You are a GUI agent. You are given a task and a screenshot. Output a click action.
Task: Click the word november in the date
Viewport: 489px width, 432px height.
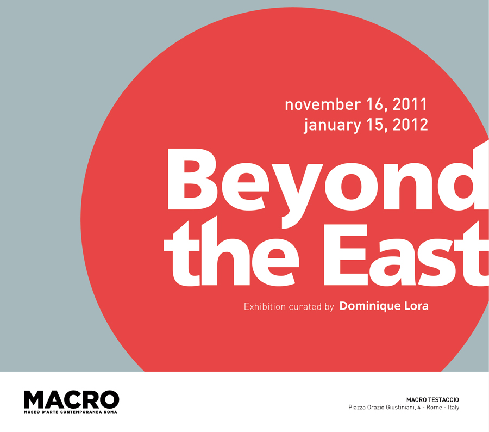pyautogui.click(x=323, y=104)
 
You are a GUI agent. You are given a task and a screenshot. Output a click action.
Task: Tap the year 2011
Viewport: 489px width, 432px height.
pyautogui.click(x=410, y=104)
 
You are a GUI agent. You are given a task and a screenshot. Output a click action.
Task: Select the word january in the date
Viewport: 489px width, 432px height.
pyautogui.click(x=333, y=125)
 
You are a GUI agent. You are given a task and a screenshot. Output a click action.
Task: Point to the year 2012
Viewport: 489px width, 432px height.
pyautogui.click(x=410, y=125)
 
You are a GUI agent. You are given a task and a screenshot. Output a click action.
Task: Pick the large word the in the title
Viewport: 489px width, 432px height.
pyautogui.click(x=231, y=251)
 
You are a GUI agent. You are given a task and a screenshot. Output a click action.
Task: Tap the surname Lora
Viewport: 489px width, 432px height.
pyautogui.click(x=416, y=306)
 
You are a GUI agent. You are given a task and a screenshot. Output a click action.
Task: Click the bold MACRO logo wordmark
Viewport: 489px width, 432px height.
pyautogui.click(x=71, y=399)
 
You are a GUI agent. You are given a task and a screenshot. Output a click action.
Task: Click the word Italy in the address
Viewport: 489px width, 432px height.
pyautogui.click(x=454, y=408)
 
